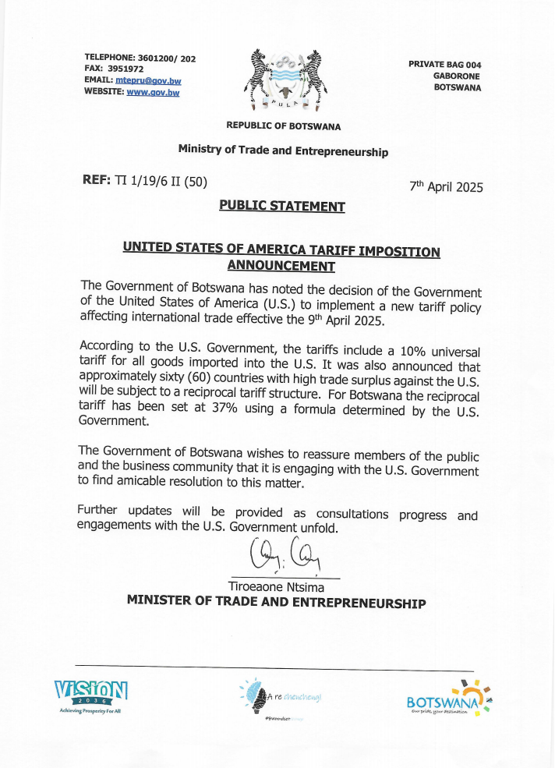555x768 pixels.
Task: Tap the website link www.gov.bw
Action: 153,92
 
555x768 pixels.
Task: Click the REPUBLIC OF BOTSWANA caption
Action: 283,126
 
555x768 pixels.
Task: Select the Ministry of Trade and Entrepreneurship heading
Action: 283,150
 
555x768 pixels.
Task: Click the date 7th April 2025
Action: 446,187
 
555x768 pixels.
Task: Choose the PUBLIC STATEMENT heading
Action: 281,207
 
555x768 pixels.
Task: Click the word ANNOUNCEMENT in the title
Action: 281,266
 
